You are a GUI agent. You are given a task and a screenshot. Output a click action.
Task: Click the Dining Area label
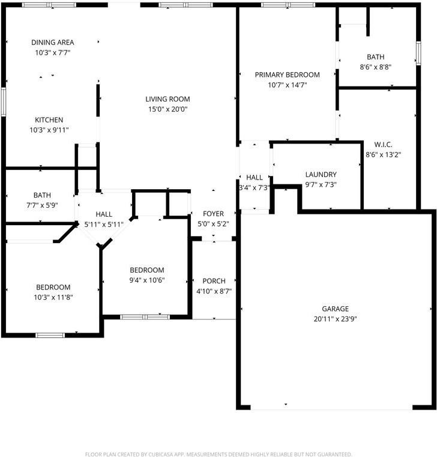click(x=53, y=43)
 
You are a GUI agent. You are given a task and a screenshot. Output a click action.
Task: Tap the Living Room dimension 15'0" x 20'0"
click(x=167, y=109)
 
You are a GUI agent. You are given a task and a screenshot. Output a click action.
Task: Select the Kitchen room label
click(x=49, y=120)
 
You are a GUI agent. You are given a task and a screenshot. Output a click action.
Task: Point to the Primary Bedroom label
click(x=287, y=75)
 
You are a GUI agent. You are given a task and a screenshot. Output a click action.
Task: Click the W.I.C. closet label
click(x=383, y=145)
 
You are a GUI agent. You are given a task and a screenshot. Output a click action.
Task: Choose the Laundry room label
click(x=321, y=175)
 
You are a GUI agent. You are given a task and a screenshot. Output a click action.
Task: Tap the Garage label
click(x=335, y=309)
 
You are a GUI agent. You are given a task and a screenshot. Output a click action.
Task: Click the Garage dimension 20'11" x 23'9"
click(x=335, y=319)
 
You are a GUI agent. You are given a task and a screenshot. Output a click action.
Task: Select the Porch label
click(x=214, y=281)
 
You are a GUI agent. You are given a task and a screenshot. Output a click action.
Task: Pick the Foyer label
click(x=213, y=214)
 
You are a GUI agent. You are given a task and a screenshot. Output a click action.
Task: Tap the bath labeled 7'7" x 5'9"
click(x=42, y=195)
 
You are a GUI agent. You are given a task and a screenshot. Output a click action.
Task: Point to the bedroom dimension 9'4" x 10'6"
click(x=147, y=280)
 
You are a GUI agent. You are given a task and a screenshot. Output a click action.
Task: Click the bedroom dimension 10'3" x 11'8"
click(x=53, y=297)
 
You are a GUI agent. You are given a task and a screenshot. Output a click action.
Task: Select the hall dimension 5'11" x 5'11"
click(x=104, y=224)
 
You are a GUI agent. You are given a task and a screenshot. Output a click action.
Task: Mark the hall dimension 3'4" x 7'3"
click(x=255, y=187)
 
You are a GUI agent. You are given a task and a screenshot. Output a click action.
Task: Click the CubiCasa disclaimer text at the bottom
click(x=218, y=454)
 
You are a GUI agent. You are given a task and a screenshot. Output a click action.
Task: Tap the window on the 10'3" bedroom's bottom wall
click(x=50, y=334)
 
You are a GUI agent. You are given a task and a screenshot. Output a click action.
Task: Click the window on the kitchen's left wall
click(x=4, y=101)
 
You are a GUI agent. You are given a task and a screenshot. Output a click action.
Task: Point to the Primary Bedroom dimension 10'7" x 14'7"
click(x=287, y=85)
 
